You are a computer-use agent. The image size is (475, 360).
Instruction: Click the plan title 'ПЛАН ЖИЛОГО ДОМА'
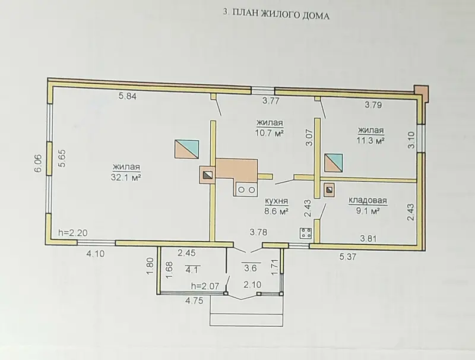[x=281, y=14]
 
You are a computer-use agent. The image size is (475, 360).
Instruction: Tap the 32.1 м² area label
[x=126, y=177]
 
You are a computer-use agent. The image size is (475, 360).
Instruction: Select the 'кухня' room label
[x=276, y=201]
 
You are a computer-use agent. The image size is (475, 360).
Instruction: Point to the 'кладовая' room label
[x=368, y=200]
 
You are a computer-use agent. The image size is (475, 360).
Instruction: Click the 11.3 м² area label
[x=370, y=141]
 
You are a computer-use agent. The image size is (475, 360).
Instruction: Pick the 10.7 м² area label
[x=270, y=132]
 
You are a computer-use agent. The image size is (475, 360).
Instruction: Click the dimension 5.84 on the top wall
[x=128, y=96]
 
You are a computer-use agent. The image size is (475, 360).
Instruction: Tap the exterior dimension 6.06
[x=39, y=163]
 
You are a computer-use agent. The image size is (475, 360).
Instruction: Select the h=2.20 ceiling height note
[x=73, y=233]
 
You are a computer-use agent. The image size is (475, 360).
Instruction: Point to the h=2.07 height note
[x=205, y=286]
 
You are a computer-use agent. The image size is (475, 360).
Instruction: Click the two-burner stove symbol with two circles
[x=246, y=190]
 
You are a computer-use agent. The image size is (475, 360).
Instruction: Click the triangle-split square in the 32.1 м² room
[x=186, y=149]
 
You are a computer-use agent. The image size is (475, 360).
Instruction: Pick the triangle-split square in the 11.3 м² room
[x=334, y=163]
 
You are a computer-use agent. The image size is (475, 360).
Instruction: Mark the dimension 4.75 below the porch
[x=194, y=301]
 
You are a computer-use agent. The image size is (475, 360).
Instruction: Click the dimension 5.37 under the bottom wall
[x=349, y=257]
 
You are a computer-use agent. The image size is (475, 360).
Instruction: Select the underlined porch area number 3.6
[x=251, y=268]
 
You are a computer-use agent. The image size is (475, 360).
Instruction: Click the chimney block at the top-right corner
[x=422, y=92]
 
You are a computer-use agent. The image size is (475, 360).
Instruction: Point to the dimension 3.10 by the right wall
[x=411, y=140]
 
